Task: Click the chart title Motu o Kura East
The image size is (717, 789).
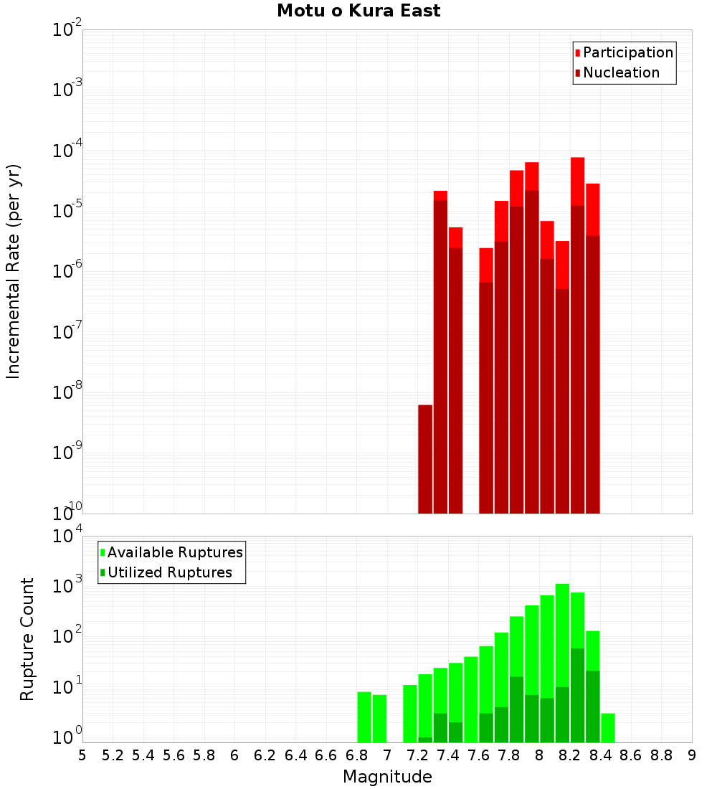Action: coord(358,11)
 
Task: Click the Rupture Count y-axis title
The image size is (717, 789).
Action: coord(27,638)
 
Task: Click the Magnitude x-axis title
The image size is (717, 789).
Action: coord(387,777)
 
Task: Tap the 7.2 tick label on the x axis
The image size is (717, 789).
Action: coord(417,755)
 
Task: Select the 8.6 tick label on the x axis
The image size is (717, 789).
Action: coord(631,755)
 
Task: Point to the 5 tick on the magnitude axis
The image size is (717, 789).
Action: coord(82,755)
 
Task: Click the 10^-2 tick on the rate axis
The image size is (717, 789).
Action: coord(67,31)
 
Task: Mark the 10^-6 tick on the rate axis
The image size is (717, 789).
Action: coord(67,272)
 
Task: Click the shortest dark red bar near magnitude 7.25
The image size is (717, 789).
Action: coord(425,459)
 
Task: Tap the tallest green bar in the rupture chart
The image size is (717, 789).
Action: coord(562,660)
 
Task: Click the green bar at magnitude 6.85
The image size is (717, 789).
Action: coord(364,717)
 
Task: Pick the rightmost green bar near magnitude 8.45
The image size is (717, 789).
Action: coord(608,727)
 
